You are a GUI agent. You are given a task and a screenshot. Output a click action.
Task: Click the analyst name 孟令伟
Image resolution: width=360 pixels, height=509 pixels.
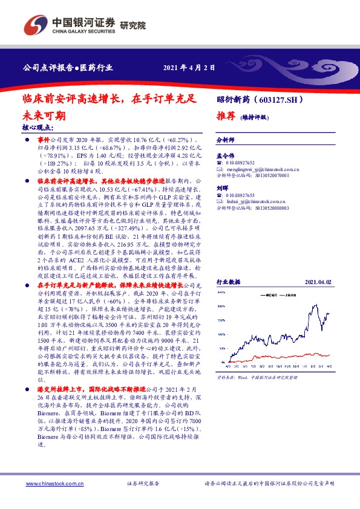click(x=224, y=155)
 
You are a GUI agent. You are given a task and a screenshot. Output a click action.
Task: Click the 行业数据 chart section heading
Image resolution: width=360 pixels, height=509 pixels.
click(x=229, y=282)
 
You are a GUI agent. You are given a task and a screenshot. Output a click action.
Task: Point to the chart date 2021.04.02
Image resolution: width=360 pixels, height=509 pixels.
click(x=319, y=282)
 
